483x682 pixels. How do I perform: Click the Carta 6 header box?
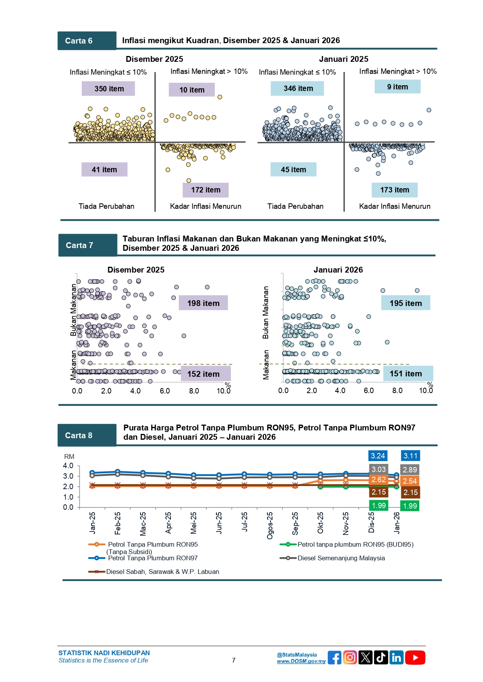pyautogui.click(x=87, y=41)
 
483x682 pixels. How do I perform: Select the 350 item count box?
pyautogui.click(x=108, y=89)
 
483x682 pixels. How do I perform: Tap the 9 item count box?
pyautogui.click(x=397, y=87)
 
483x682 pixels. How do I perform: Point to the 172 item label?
pyautogui.click(x=205, y=190)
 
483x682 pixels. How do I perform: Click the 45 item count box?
pyautogui.click(x=293, y=170)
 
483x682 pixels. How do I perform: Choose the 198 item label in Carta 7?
pyautogui.click(x=203, y=303)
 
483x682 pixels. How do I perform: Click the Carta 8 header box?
pyautogui.click(x=87, y=435)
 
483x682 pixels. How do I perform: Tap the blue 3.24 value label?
pyautogui.click(x=378, y=456)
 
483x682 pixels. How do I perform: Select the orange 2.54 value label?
pyautogui.click(x=410, y=481)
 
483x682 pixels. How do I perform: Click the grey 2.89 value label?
pyautogui.click(x=410, y=470)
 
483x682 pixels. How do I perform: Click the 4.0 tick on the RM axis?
pyautogui.click(x=68, y=465)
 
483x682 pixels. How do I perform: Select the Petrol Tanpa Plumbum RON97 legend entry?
pyautogui.click(x=153, y=558)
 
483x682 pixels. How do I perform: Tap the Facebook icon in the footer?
pyautogui.click(x=334, y=658)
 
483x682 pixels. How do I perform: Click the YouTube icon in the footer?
pyautogui.click(x=415, y=658)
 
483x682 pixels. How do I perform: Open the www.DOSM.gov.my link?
pyautogui.click(x=301, y=661)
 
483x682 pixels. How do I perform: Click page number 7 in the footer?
pyautogui.click(x=234, y=660)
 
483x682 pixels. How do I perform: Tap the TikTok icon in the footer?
pyautogui.click(x=381, y=658)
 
